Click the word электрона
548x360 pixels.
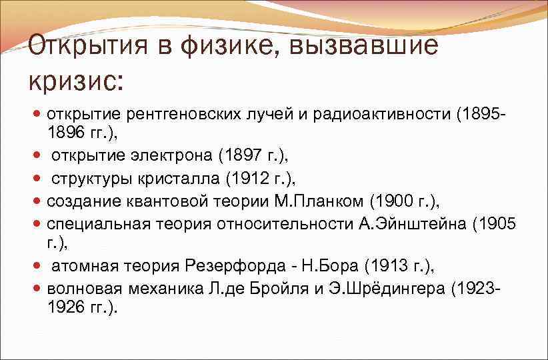click(x=175, y=156)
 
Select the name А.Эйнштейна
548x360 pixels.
click(x=411, y=222)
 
